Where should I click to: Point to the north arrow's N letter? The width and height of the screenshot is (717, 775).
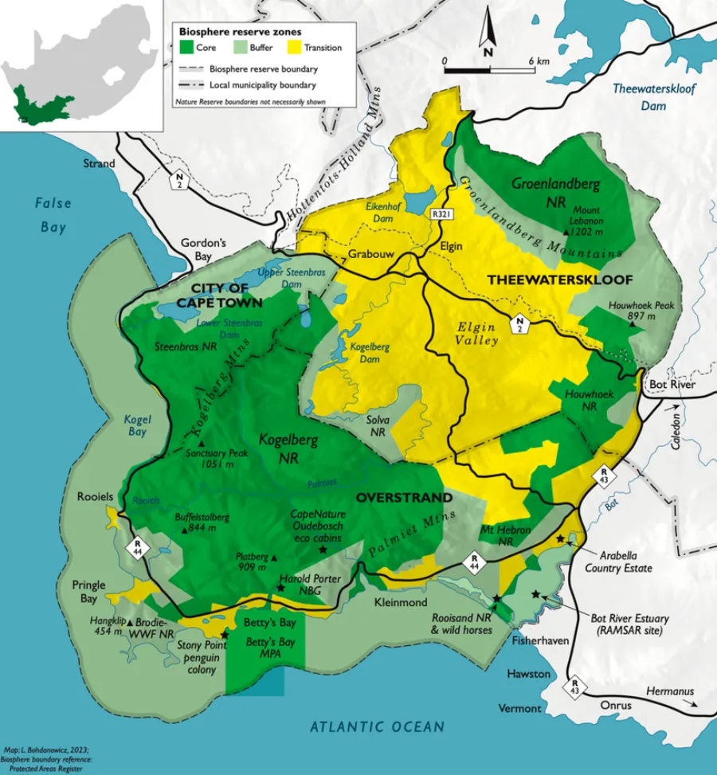488,52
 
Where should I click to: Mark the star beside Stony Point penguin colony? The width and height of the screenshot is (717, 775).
225,634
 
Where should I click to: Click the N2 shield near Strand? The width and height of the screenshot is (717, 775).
181,182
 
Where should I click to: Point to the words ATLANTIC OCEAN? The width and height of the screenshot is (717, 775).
377,726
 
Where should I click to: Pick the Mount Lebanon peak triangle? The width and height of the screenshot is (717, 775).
566,231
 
